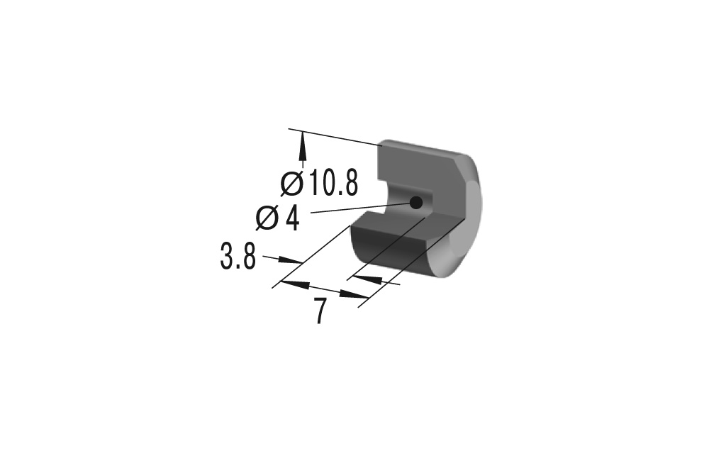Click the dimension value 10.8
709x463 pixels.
click(x=334, y=183)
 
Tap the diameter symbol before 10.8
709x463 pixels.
click(x=292, y=183)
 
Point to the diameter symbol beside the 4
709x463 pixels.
click(x=267, y=218)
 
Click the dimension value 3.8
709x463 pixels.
click(x=238, y=257)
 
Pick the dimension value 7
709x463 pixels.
click(x=320, y=311)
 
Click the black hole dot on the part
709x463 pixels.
click(x=416, y=203)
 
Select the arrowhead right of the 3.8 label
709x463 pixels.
click(x=289, y=260)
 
